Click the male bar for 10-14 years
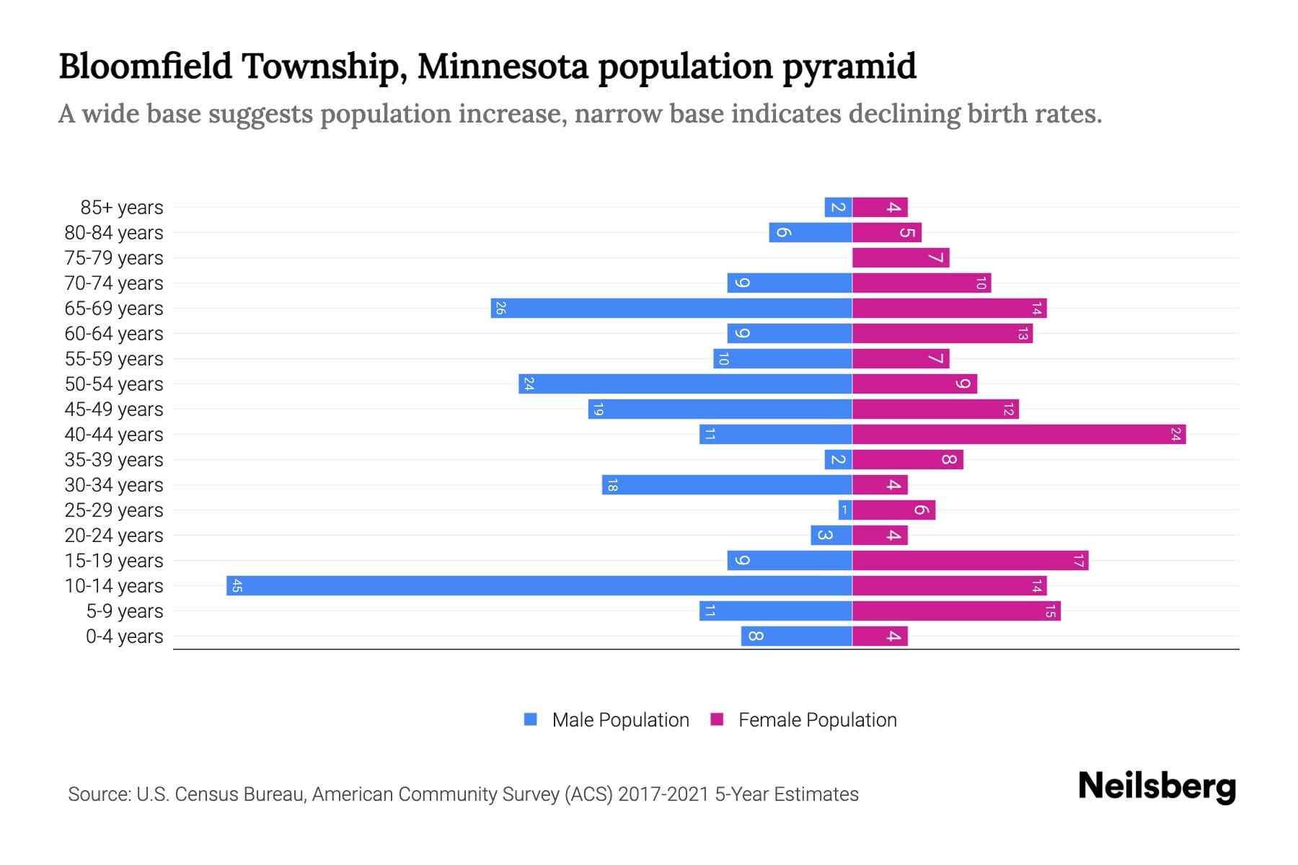(x=539, y=585)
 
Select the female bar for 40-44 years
(x=1018, y=434)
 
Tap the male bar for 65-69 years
(x=671, y=308)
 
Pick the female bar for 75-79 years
(x=901, y=257)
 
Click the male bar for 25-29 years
(x=845, y=510)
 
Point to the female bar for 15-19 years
(x=970, y=560)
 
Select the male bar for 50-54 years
(x=685, y=383)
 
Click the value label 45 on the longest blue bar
(x=237, y=586)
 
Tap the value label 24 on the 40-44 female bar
(x=1175, y=435)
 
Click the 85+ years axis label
(x=122, y=208)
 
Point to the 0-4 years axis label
(x=124, y=636)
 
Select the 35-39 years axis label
(x=114, y=460)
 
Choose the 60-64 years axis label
(x=114, y=334)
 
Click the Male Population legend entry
(x=620, y=719)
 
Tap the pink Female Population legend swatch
(x=717, y=719)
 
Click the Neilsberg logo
(x=1157, y=786)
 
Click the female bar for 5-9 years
(x=956, y=611)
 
